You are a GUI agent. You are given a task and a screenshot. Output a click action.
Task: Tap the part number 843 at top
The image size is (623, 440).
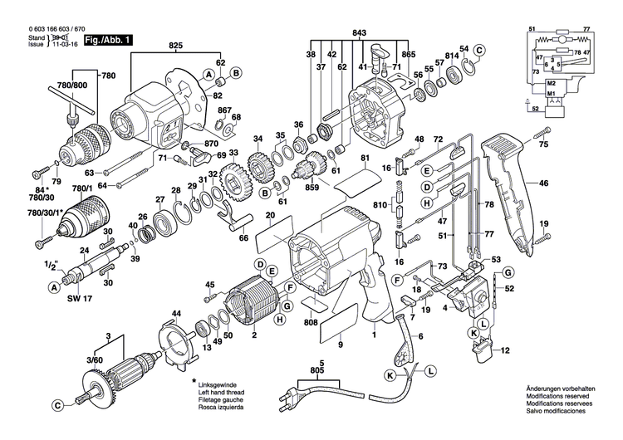pyautogui.click(x=358, y=32)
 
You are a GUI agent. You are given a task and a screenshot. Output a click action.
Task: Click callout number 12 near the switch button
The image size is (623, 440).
pyautogui.click(x=504, y=352)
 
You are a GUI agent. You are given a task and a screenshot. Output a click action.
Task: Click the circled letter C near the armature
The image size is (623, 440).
pyautogui.click(x=57, y=406)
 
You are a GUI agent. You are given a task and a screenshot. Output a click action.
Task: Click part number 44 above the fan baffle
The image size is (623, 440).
pyautogui.click(x=176, y=314)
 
